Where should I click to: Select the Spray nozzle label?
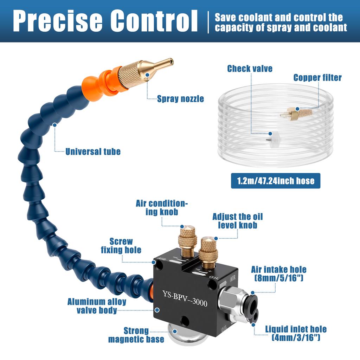point(180,99)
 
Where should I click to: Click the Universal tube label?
point(93,152)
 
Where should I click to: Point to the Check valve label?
point(250,68)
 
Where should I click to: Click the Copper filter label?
point(317,77)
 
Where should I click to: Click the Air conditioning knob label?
point(162,207)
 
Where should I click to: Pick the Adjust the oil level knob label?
point(237,221)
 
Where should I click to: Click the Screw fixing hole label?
point(121,245)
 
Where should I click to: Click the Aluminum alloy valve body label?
point(91,306)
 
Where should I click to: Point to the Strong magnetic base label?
point(136,335)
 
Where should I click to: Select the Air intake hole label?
point(278,274)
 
